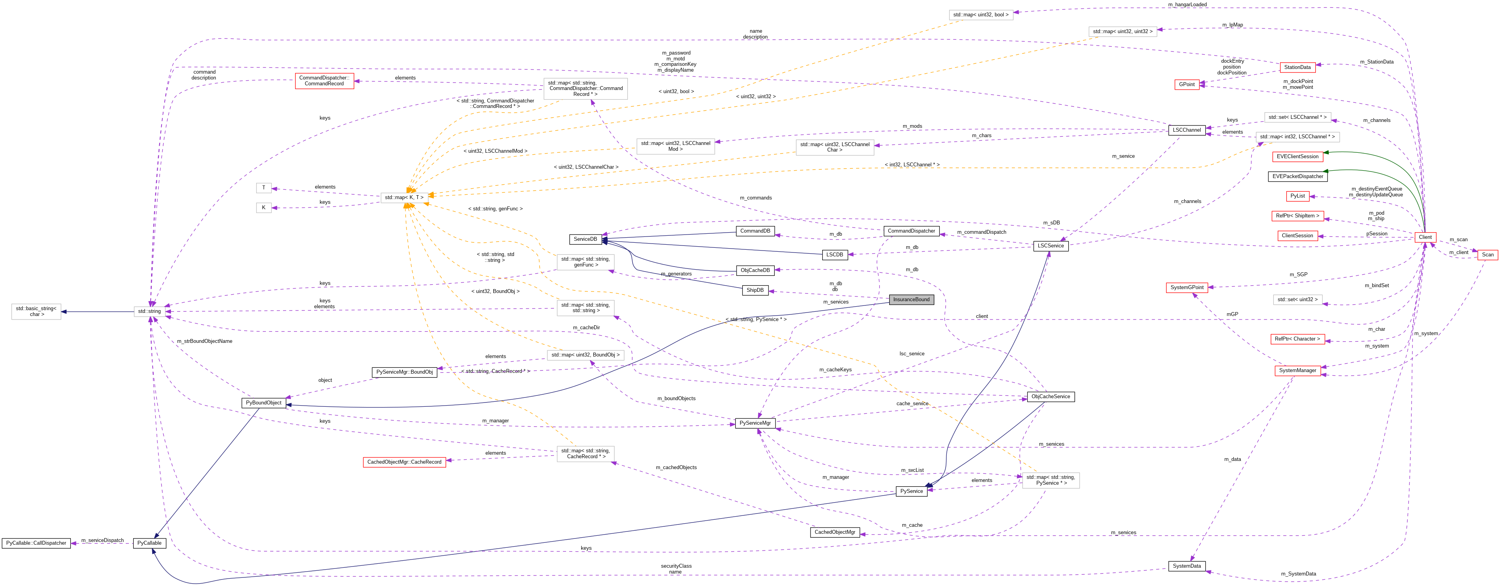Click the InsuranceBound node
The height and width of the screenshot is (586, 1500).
point(911,299)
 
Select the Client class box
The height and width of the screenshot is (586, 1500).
point(1425,237)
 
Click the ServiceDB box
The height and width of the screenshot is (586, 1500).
point(585,239)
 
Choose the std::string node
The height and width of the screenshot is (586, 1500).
point(149,312)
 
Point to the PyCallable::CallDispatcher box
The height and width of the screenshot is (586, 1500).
point(36,543)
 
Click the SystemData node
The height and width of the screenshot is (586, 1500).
point(1187,566)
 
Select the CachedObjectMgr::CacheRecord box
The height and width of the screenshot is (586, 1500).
point(404,462)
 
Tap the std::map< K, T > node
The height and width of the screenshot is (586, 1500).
point(404,198)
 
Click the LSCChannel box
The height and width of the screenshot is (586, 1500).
point(1187,130)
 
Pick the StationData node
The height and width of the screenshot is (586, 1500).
point(1297,67)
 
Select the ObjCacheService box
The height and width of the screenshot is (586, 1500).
point(1050,397)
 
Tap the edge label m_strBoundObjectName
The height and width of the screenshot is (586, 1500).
point(204,341)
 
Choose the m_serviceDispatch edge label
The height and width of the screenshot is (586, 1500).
point(102,540)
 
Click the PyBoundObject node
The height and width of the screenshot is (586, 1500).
point(264,403)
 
